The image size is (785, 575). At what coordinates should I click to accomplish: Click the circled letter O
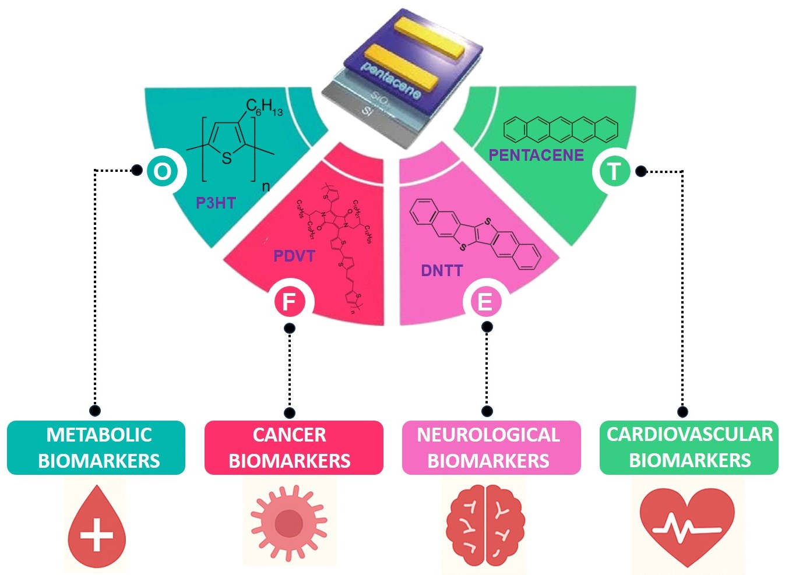pos(163,171)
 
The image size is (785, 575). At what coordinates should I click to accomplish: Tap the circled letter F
pos(289,302)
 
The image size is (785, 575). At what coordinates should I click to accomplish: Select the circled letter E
pos(485,302)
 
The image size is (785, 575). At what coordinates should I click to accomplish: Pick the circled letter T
pos(613,171)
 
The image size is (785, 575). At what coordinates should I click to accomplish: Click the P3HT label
pos(216,203)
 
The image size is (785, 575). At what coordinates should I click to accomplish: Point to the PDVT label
pos(294,256)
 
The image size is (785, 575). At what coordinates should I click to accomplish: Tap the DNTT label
pos(442,270)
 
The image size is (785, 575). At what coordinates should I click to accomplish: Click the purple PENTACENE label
pos(536,155)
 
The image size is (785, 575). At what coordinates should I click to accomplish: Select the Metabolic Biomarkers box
pos(96,447)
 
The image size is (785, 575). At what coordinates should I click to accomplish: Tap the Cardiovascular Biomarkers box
pos(689,447)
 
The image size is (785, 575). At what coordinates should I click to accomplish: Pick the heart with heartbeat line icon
pos(687,526)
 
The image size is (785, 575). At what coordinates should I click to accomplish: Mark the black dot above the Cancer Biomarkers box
pos(290,412)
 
